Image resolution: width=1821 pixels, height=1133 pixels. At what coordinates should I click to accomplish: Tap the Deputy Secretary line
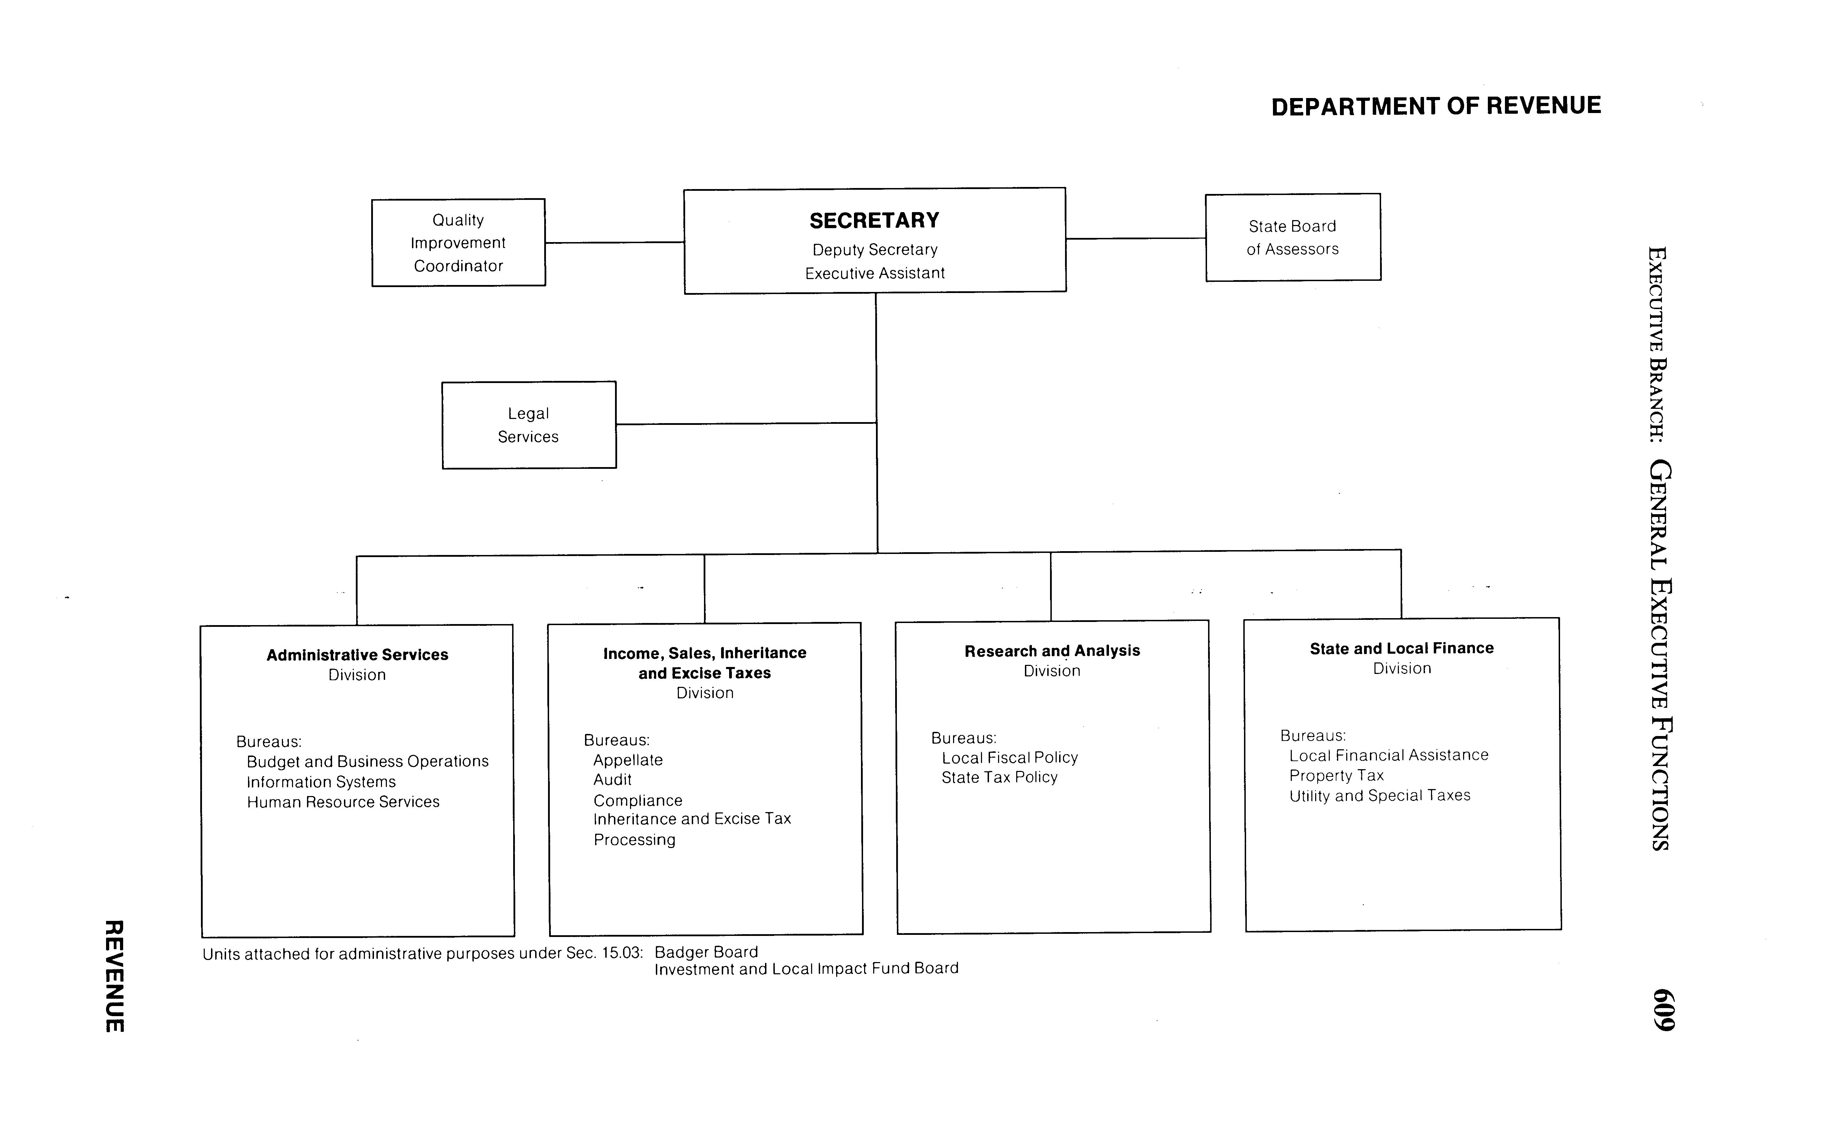875,249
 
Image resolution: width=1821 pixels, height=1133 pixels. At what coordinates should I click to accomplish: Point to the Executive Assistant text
875,273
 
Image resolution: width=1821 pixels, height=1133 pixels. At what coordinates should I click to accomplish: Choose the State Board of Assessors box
1293,238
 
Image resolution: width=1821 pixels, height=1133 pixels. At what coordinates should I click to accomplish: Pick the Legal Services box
528,425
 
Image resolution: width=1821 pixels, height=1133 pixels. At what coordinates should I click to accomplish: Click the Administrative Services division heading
358,655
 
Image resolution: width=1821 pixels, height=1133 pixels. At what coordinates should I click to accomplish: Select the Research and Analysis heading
1052,651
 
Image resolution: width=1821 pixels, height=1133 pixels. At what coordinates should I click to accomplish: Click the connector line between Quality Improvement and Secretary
614,242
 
